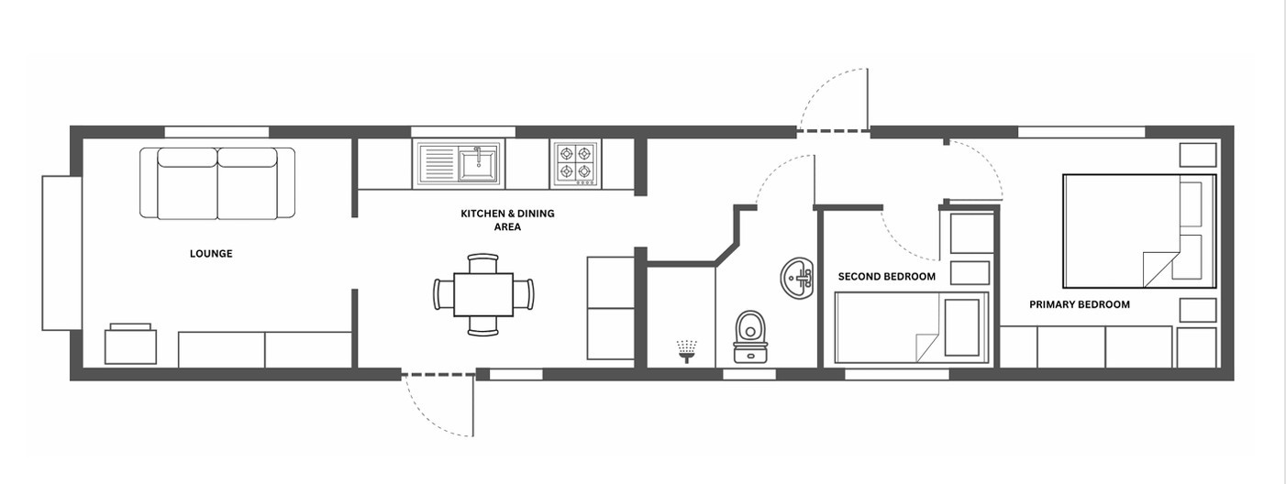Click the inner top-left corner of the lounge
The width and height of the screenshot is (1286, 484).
(x=83, y=138)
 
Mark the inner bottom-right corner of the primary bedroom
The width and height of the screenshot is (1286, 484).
(x=1221, y=368)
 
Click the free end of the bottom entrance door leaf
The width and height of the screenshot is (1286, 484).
(x=473, y=435)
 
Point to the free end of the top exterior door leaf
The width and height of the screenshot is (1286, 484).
(x=867, y=69)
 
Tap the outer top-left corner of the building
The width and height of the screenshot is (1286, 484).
(x=70, y=126)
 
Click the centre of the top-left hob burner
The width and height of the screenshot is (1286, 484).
(x=567, y=153)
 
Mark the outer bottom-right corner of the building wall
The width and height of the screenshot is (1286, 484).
(x=1234, y=380)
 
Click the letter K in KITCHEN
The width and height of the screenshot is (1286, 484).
(x=464, y=214)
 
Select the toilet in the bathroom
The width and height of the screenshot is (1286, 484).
(x=750, y=336)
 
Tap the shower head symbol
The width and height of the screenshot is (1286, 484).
(x=687, y=351)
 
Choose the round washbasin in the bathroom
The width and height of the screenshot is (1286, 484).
(x=797, y=279)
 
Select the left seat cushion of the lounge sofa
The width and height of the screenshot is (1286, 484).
(x=187, y=183)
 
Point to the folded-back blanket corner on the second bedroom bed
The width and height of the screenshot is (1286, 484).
(x=927, y=347)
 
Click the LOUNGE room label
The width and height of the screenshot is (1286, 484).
(x=211, y=254)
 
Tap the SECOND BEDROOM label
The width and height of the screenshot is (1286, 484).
(x=886, y=277)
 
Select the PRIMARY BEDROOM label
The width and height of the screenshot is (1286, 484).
(x=1080, y=304)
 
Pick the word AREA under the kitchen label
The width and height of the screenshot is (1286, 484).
(x=507, y=227)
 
